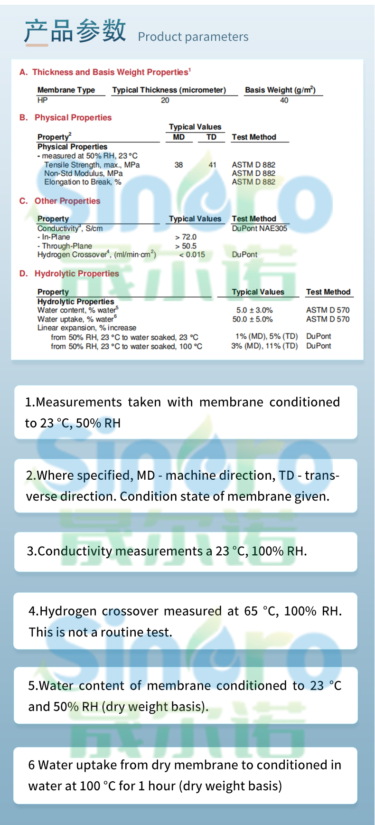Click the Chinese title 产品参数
pyautogui.click(x=75, y=31)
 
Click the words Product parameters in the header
pyautogui.click(x=193, y=37)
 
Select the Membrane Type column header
pyautogui.click(x=66, y=90)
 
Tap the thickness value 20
pyautogui.click(x=165, y=100)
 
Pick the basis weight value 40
pyautogui.click(x=284, y=100)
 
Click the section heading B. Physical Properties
pyautogui.click(x=66, y=117)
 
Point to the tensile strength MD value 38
pyautogui.click(x=178, y=165)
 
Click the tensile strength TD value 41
pyautogui.click(x=212, y=165)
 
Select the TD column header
pyautogui.click(x=211, y=137)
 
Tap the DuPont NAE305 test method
pyautogui.click(x=259, y=228)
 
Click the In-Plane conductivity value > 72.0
pyautogui.click(x=186, y=237)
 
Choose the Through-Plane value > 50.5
pyautogui.click(x=186, y=246)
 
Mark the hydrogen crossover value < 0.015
pyautogui.click(x=192, y=255)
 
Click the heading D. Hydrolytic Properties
pyautogui.click(x=69, y=274)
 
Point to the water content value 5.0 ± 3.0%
pyautogui.click(x=254, y=310)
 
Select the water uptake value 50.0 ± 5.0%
pyautogui.click(x=253, y=319)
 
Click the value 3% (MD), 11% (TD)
pyautogui.click(x=264, y=346)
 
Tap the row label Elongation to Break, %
pyautogui.click(x=83, y=182)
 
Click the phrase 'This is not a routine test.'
pyautogui.click(x=100, y=632)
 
